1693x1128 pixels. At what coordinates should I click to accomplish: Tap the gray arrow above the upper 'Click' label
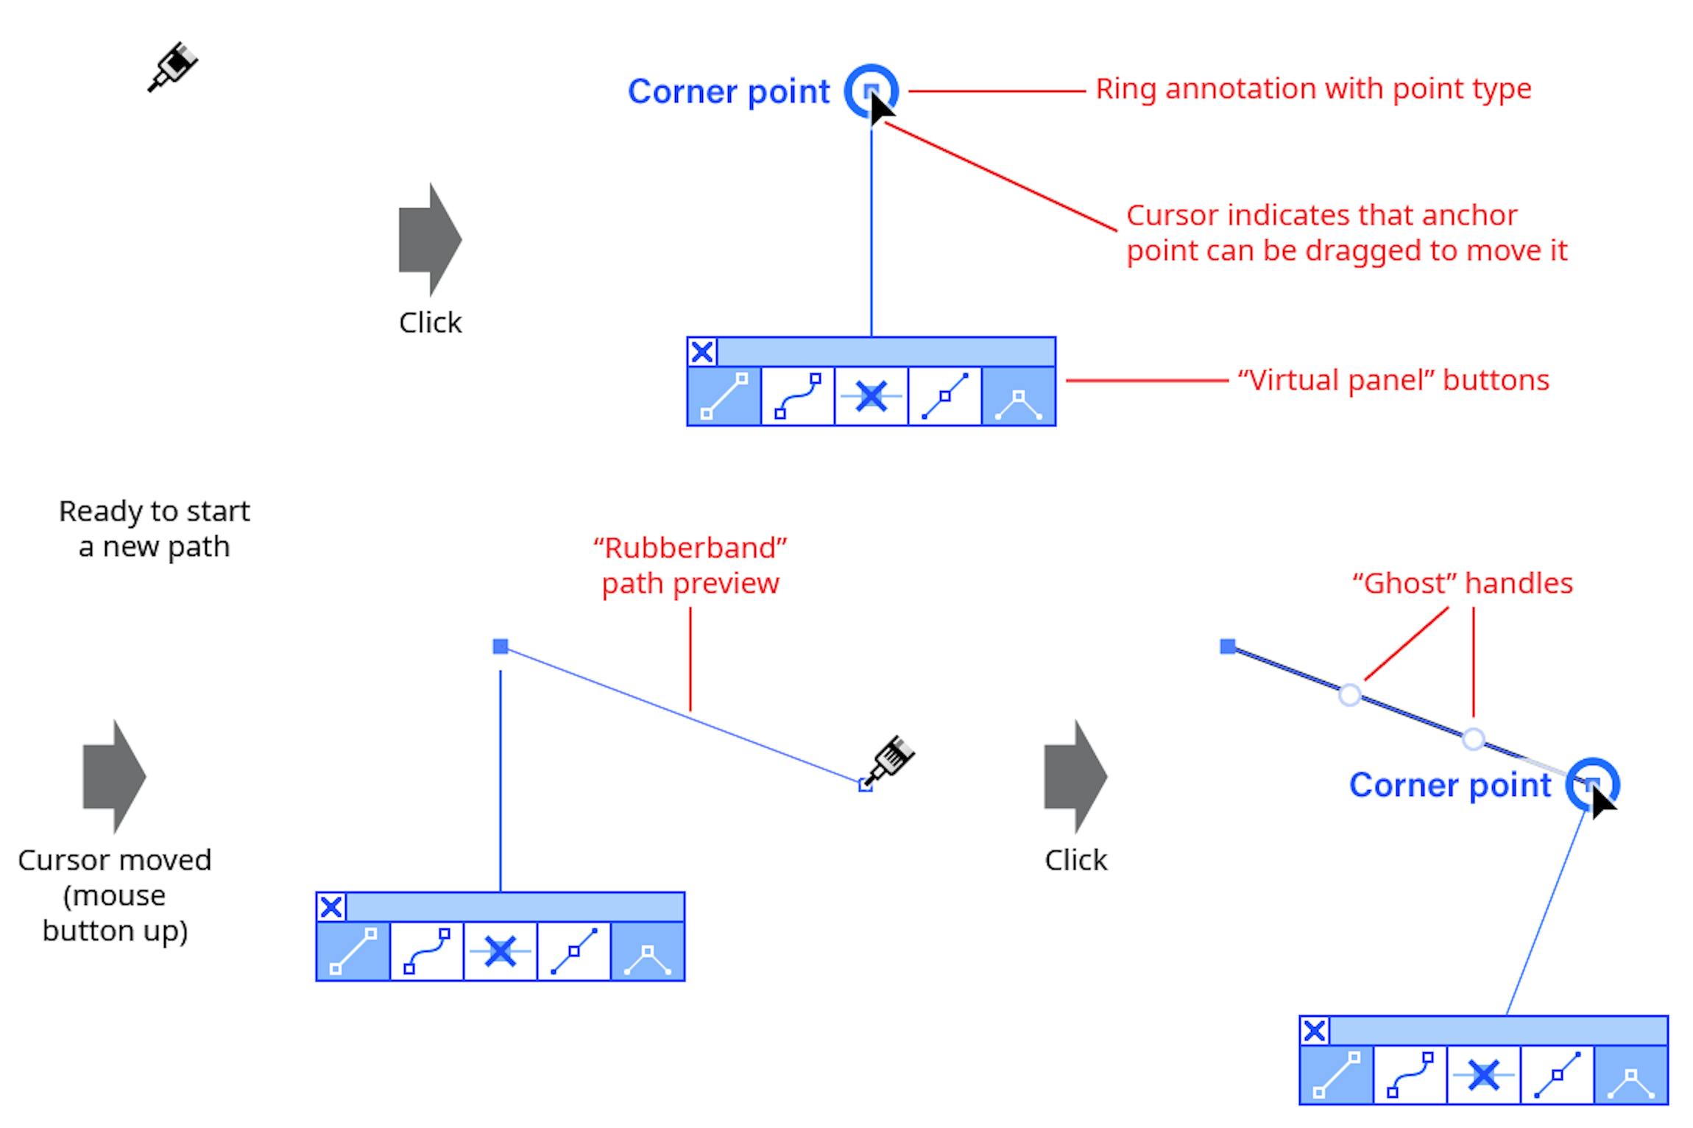click(429, 239)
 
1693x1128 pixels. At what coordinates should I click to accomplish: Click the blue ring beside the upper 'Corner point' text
click(871, 91)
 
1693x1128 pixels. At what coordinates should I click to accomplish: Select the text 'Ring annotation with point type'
click(1312, 89)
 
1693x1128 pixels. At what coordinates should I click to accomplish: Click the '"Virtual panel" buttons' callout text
click(1393, 381)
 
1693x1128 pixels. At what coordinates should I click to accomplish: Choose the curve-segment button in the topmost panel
click(798, 396)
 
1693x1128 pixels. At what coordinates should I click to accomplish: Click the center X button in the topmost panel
click(872, 396)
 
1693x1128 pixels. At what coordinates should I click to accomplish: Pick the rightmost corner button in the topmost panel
click(1019, 396)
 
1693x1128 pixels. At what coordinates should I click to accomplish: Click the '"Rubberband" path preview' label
click(690, 565)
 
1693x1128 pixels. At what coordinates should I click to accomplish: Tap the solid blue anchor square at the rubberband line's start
click(501, 646)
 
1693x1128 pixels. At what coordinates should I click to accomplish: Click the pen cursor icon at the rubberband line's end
click(891, 760)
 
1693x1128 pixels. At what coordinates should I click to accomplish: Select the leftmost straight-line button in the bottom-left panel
click(353, 951)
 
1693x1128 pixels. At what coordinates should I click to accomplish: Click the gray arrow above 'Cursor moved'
click(113, 776)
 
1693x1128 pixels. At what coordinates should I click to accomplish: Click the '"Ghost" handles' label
click(1462, 583)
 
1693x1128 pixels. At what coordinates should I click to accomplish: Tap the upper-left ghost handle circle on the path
click(1350, 694)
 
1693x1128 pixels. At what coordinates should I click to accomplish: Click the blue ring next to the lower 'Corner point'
click(1592, 783)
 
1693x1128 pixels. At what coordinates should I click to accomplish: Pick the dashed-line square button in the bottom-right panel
click(1558, 1075)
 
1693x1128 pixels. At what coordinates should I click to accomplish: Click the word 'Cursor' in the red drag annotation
click(1172, 216)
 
